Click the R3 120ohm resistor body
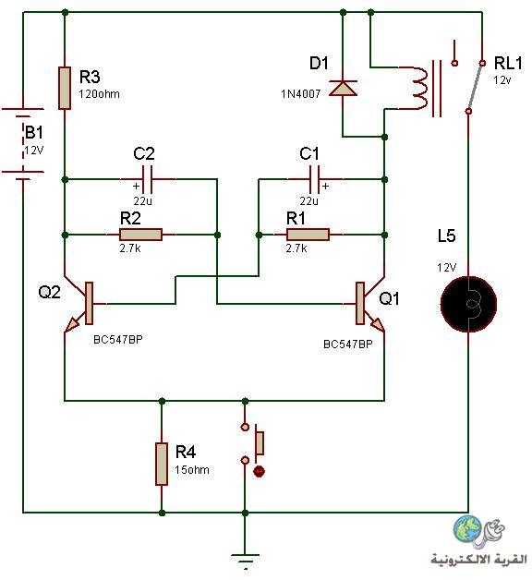[x=65, y=88]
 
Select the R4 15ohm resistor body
[x=162, y=464]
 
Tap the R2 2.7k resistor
[x=140, y=235]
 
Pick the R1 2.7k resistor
[x=308, y=235]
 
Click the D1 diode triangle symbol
[x=343, y=88]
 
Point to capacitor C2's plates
[x=147, y=179]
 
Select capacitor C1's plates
[x=314, y=179]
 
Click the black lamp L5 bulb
[x=468, y=304]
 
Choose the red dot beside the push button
[x=259, y=471]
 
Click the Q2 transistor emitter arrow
[x=72, y=325]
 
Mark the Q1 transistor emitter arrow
[x=378, y=325]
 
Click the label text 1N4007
[x=300, y=94]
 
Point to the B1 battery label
[x=33, y=132]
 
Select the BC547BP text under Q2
[x=118, y=340]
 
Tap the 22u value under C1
[x=308, y=200]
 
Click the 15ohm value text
[x=192, y=470]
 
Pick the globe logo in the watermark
[x=467, y=529]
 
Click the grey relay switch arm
[x=476, y=87]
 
